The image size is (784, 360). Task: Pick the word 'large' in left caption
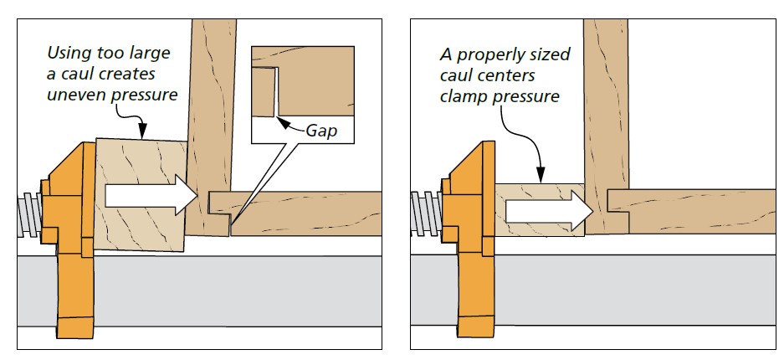(x=151, y=54)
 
